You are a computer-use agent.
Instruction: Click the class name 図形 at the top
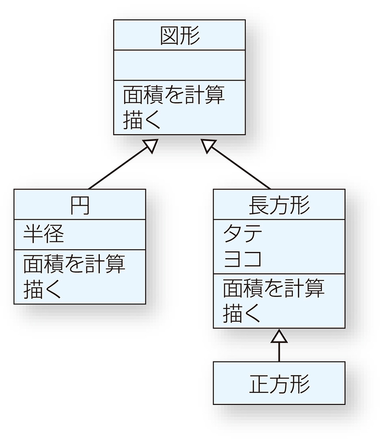pos(179,35)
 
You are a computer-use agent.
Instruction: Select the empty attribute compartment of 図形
pos(179,65)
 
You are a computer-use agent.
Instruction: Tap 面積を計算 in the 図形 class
pos(173,95)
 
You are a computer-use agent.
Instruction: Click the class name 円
pos(80,205)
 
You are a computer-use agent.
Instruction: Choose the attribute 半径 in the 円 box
pos(44,234)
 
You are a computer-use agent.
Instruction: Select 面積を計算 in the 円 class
pos(74,264)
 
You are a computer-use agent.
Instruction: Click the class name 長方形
pos(279,205)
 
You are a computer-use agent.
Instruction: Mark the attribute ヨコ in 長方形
pos(242,258)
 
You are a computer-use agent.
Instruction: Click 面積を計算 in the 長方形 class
pos(273,288)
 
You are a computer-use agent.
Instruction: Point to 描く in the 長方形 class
pos(241,313)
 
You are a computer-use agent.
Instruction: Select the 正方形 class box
pos(279,383)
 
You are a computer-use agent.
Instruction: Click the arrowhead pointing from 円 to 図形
pos(152,145)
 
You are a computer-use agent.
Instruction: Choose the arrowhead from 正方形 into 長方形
pos(279,336)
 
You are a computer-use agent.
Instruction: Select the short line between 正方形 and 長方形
pos(279,353)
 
